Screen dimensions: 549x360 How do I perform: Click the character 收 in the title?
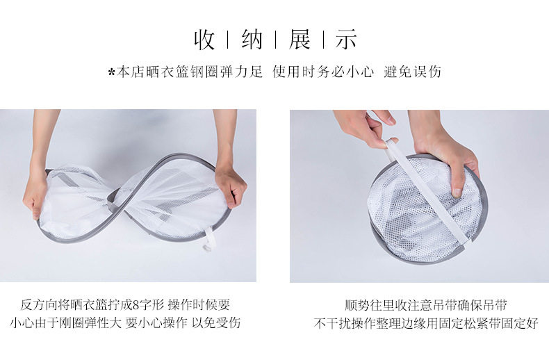[204, 39]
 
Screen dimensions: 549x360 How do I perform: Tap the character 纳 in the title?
[252, 39]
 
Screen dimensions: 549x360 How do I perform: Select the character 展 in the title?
[300, 39]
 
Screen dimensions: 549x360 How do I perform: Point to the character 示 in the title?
[346, 39]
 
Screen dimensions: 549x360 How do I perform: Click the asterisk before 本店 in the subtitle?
[112, 72]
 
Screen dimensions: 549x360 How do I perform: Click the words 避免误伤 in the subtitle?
[412, 72]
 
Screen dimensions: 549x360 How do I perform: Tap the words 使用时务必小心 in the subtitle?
[323, 72]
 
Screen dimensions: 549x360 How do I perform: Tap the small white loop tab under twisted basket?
[207, 239]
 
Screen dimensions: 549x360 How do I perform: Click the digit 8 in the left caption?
[136, 305]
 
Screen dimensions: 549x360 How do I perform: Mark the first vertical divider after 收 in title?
[228, 40]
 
